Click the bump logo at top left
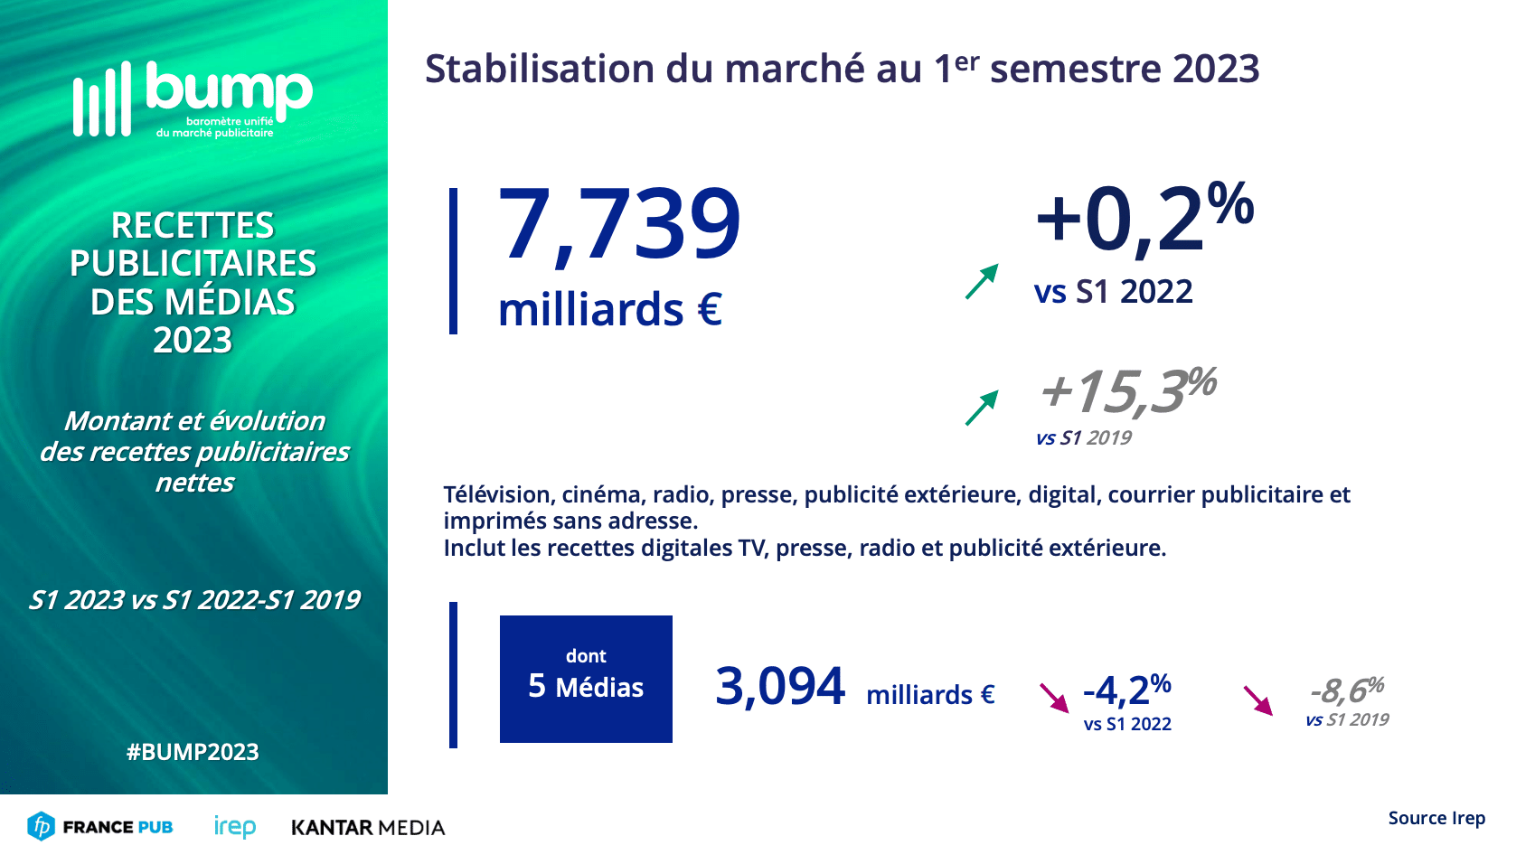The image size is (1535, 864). click(x=193, y=99)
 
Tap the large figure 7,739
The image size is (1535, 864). click(x=619, y=224)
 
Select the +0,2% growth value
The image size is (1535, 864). click(x=1143, y=218)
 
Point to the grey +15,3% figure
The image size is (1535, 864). click(x=1127, y=390)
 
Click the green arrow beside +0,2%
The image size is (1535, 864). click(x=982, y=281)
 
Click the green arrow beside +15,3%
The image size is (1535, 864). click(x=982, y=408)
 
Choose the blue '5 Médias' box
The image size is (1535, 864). click(x=586, y=679)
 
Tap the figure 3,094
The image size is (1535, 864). click(x=779, y=687)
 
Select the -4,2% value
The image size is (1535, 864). click(x=1126, y=690)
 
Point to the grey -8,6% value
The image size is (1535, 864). click(x=1347, y=691)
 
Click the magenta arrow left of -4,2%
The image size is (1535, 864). click(x=1054, y=698)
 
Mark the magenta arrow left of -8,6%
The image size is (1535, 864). click(x=1257, y=700)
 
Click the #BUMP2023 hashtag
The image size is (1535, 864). click(x=193, y=752)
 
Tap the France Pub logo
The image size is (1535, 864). click(x=99, y=827)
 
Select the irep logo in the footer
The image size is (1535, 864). click(x=235, y=827)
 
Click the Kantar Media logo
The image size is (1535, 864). click(x=368, y=828)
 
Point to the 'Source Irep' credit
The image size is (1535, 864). click(x=1436, y=818)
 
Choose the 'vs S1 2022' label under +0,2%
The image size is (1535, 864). click(x=1113, y=292)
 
